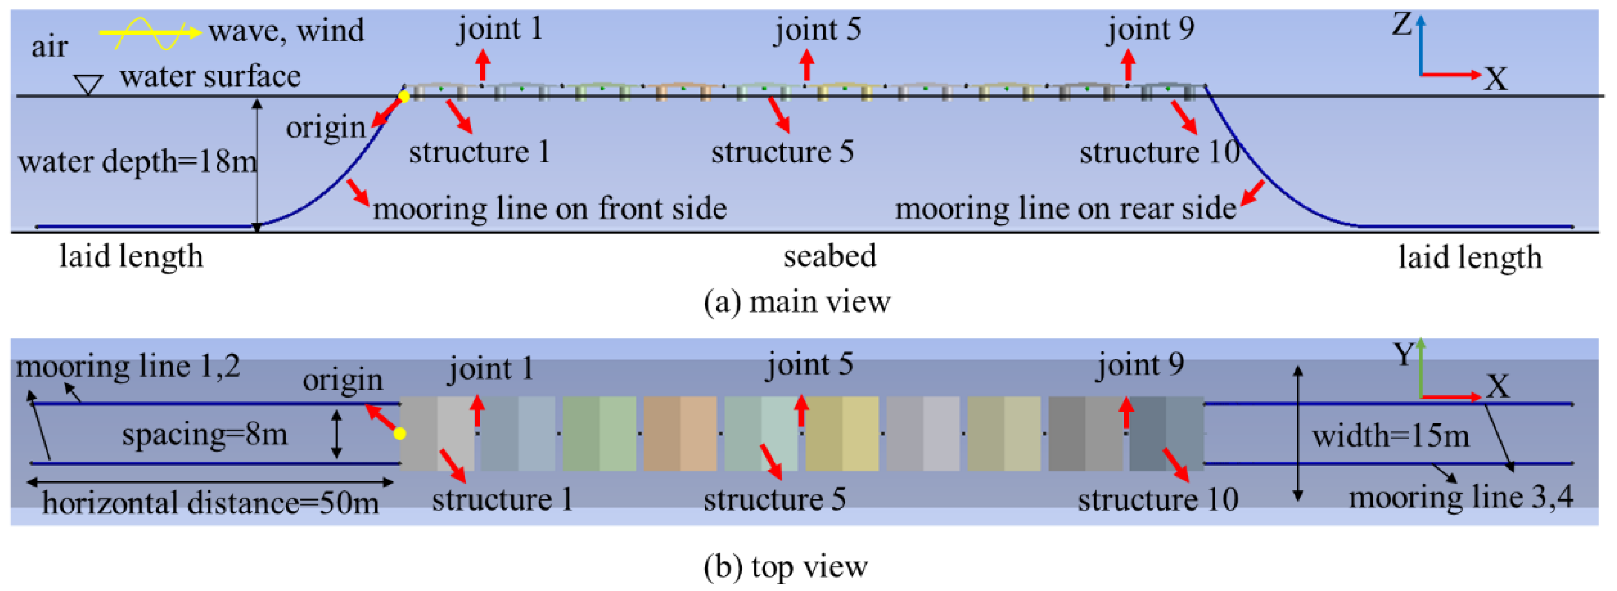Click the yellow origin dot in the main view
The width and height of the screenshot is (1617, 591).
[x=403, y=96]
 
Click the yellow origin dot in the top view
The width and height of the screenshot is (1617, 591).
[x=399, y=433]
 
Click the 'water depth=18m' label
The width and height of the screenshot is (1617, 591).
[x=137, y=162]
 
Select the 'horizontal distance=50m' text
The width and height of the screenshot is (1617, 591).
[x=210, y=503]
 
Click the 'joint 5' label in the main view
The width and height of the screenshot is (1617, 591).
[x=817, y=30]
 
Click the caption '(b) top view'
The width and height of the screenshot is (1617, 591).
[x=785, y=567]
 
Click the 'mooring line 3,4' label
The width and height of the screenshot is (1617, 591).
[x=1461, y=497]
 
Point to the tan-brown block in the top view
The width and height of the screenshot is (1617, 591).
[x=680, y=433]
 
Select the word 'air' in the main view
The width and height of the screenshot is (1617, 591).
[x=49, y=47]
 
